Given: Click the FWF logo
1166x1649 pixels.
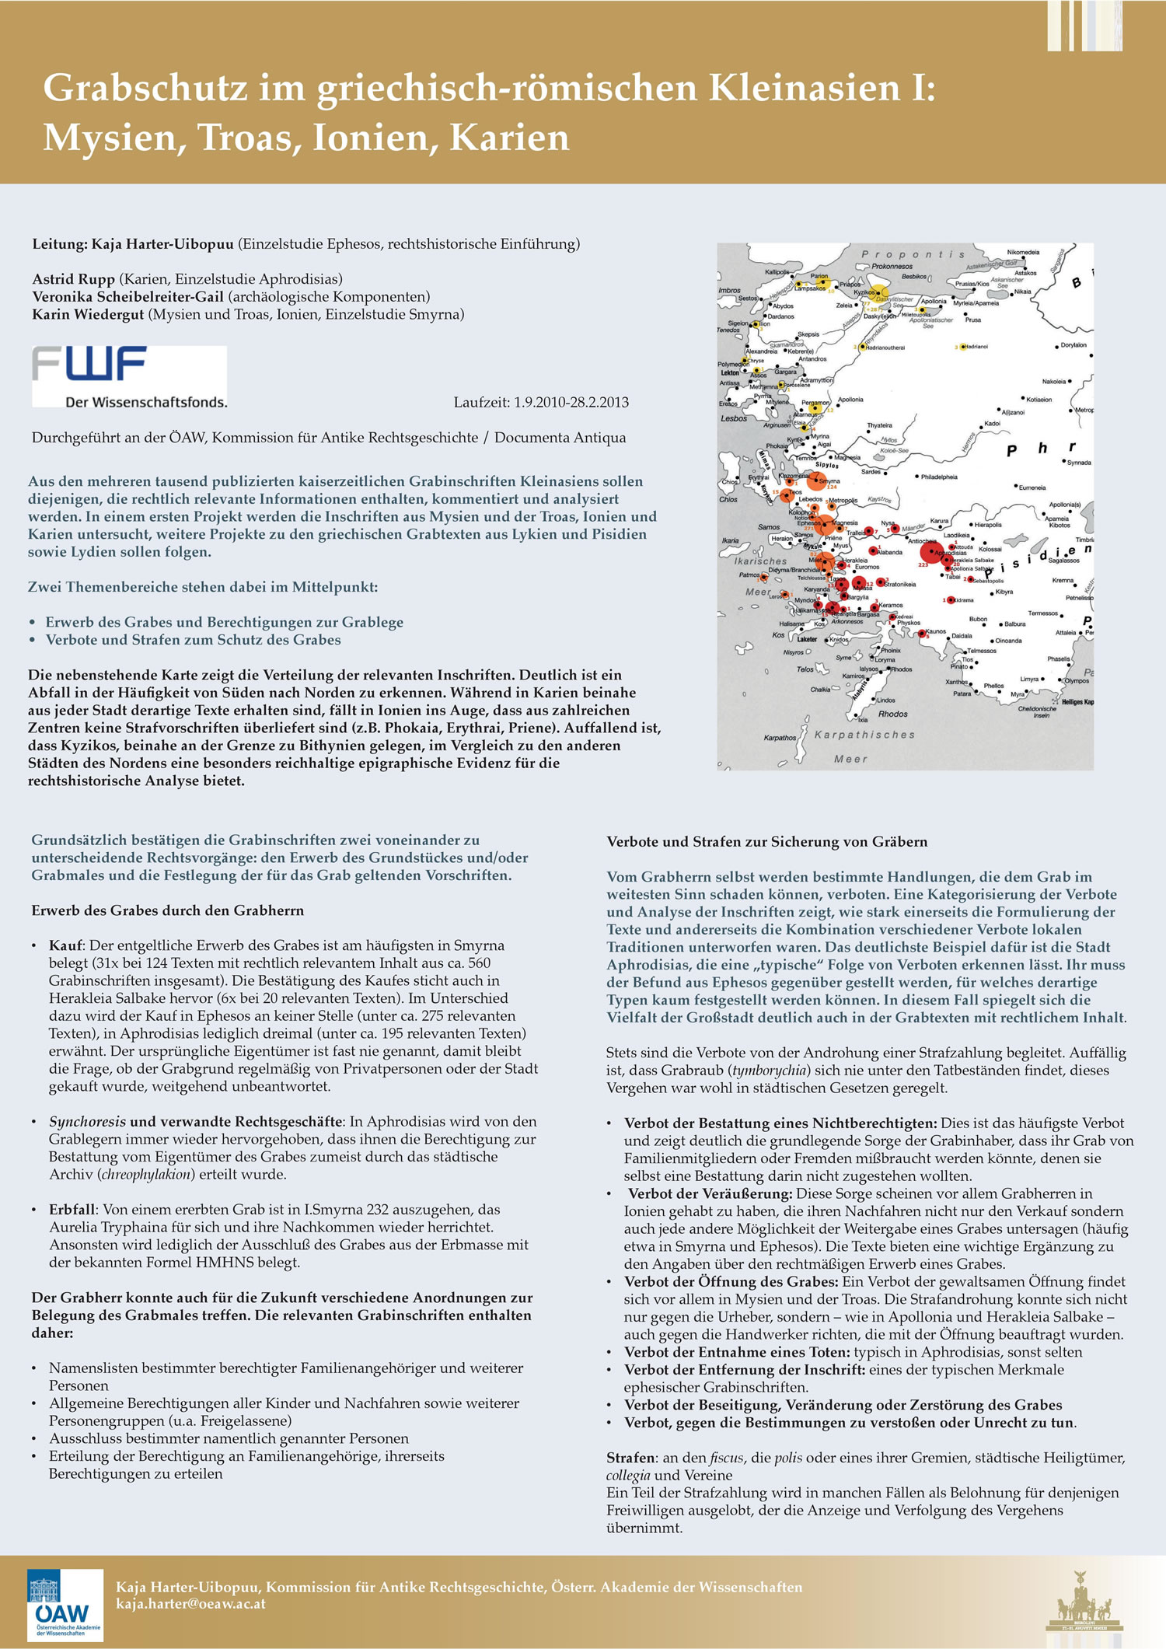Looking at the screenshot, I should pyautogui.click(x=129, y=376).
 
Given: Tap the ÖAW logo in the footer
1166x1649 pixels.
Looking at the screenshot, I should pyautogui.click(x=65, y=1605).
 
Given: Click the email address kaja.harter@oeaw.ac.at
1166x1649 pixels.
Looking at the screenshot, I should pyautogui.click(x=191, y=1603).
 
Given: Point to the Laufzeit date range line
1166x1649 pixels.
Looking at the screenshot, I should pyautogui.click(x=541, y=403).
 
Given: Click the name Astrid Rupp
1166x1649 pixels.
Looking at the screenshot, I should pyautogui.click(x=75, y=279).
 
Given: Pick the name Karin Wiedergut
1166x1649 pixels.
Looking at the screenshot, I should pyautogui.click(x=88, y=315).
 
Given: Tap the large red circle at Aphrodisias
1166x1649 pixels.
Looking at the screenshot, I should pyautogui.click(x=930, y=553).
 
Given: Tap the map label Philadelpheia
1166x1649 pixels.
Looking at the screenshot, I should pyautogui.click(x=939, y=477).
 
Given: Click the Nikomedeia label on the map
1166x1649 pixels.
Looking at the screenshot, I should pyautogui.click(x=1023, y=253).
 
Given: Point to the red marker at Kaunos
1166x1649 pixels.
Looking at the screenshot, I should pyautogui.click(x=922, y=634).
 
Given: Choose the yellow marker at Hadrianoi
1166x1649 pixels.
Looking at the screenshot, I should pyautogui.click(x=962, y=347).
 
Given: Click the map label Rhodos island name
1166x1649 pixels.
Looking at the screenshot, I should pyautogui.click(x=893, y=714).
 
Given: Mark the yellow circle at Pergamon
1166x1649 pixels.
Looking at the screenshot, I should pyautogui.click(x=815, y=408).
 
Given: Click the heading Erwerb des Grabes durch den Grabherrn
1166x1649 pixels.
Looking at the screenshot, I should pyautogui.click(x=167, y=910).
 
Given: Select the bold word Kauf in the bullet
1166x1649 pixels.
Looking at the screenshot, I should pyautogui.click(x=65, y=946).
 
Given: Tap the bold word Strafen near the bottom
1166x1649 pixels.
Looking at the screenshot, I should pyautogui.click(x=630, y=1458).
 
